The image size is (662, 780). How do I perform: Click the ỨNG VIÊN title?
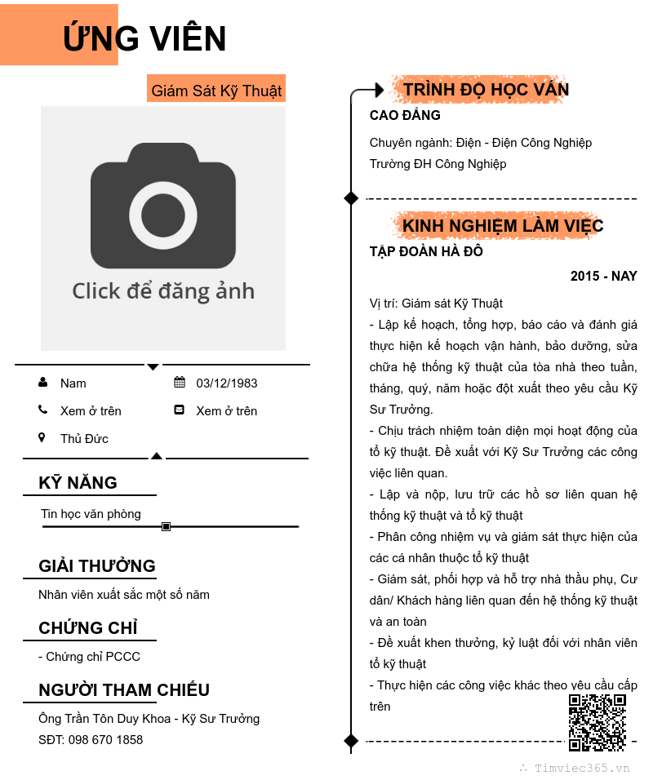[144, 38]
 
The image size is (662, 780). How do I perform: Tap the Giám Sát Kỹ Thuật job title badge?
[216, 91]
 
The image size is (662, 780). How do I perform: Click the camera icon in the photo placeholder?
[163, 206]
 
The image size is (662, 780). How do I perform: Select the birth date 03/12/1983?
[226, 383]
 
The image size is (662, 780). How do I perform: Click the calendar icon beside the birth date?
[180, 383]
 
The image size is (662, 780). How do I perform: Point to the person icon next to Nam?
[42, 383]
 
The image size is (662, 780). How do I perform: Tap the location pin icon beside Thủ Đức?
[42, 438]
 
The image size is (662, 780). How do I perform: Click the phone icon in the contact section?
[42, 410]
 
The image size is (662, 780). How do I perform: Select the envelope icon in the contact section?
[180, 410]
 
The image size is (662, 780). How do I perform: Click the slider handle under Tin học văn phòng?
[166, 527]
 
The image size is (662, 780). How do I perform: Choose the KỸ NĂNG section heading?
[78, 483]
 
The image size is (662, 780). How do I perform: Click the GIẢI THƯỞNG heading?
[96, 566]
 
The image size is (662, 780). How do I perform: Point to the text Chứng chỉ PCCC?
[90, 657]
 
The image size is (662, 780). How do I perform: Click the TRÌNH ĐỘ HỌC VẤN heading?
[486, 90]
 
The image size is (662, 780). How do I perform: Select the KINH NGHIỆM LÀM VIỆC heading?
[503, 226]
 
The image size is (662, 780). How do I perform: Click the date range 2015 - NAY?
[603, 277]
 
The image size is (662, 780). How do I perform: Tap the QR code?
[597, 722]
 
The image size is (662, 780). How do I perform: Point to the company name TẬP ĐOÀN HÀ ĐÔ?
[426, 251]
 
